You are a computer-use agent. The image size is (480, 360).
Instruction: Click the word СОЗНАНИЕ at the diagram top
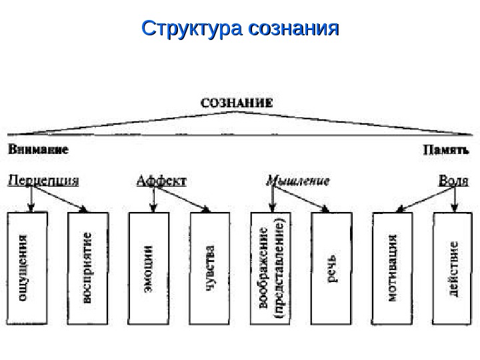tap(237, 103)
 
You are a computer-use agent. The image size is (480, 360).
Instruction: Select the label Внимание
tap(38, 150)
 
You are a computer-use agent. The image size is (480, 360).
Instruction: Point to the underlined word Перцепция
tap(43, 181)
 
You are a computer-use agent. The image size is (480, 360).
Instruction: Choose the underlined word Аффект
tap(161, 181)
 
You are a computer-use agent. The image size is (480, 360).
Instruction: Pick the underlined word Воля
tap(452, 181)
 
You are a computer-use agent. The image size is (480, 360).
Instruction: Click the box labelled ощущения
tap(27, 269)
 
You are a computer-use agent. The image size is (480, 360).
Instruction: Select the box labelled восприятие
tap(88, 269)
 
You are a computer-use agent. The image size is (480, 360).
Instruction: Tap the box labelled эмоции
tap(148, 269)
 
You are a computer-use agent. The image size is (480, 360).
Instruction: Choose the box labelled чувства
tap(209, 269)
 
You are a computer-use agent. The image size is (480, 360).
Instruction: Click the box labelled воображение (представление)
tap(271, 269)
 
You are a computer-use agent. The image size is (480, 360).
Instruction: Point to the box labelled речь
tap(331, 269)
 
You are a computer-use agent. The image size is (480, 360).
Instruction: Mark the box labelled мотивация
tap(393, 269)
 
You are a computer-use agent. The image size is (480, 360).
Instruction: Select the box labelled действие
tap(453, 269)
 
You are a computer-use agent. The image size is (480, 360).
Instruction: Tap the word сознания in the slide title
tap(293, 30)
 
